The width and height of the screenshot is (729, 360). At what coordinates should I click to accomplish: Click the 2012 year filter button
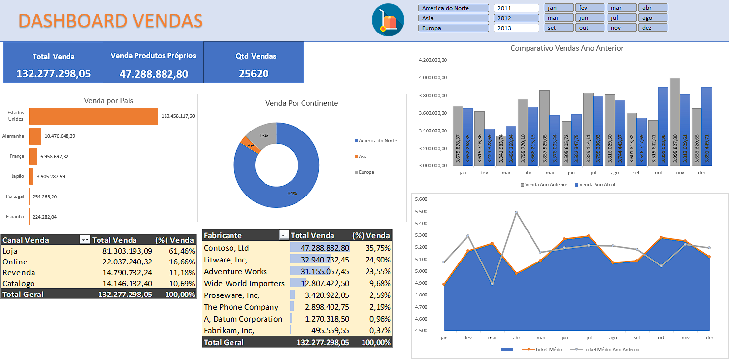(x=516, y=18)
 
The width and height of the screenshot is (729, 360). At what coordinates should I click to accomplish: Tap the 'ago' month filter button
(x=653, y=18)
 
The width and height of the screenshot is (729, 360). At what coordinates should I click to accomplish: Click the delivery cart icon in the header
(x=388, y=20)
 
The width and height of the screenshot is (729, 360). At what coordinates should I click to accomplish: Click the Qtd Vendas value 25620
(x=254, y=74)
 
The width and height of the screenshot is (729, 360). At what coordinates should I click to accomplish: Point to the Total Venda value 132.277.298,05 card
(x=53, y=74)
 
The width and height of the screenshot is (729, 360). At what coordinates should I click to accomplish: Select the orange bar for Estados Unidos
(x=93, y=116)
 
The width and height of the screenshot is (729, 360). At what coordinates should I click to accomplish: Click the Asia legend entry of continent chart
(x=362, y=157)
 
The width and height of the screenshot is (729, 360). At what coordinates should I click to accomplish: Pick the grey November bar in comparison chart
(x=674, y=123)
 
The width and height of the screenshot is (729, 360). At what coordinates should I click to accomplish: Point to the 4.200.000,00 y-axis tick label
(x=432, y=60)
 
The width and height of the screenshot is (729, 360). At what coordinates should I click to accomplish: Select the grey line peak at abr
(x=516, y=212)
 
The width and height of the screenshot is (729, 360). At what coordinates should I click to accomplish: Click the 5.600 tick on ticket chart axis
(x=421, y=199)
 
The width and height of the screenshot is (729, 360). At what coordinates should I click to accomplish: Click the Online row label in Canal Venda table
(x=15, y=262)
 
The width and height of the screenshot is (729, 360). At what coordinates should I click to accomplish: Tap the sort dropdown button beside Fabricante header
(x=284, y=235)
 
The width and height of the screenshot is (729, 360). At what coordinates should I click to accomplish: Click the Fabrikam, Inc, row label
(x=229, y=330)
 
